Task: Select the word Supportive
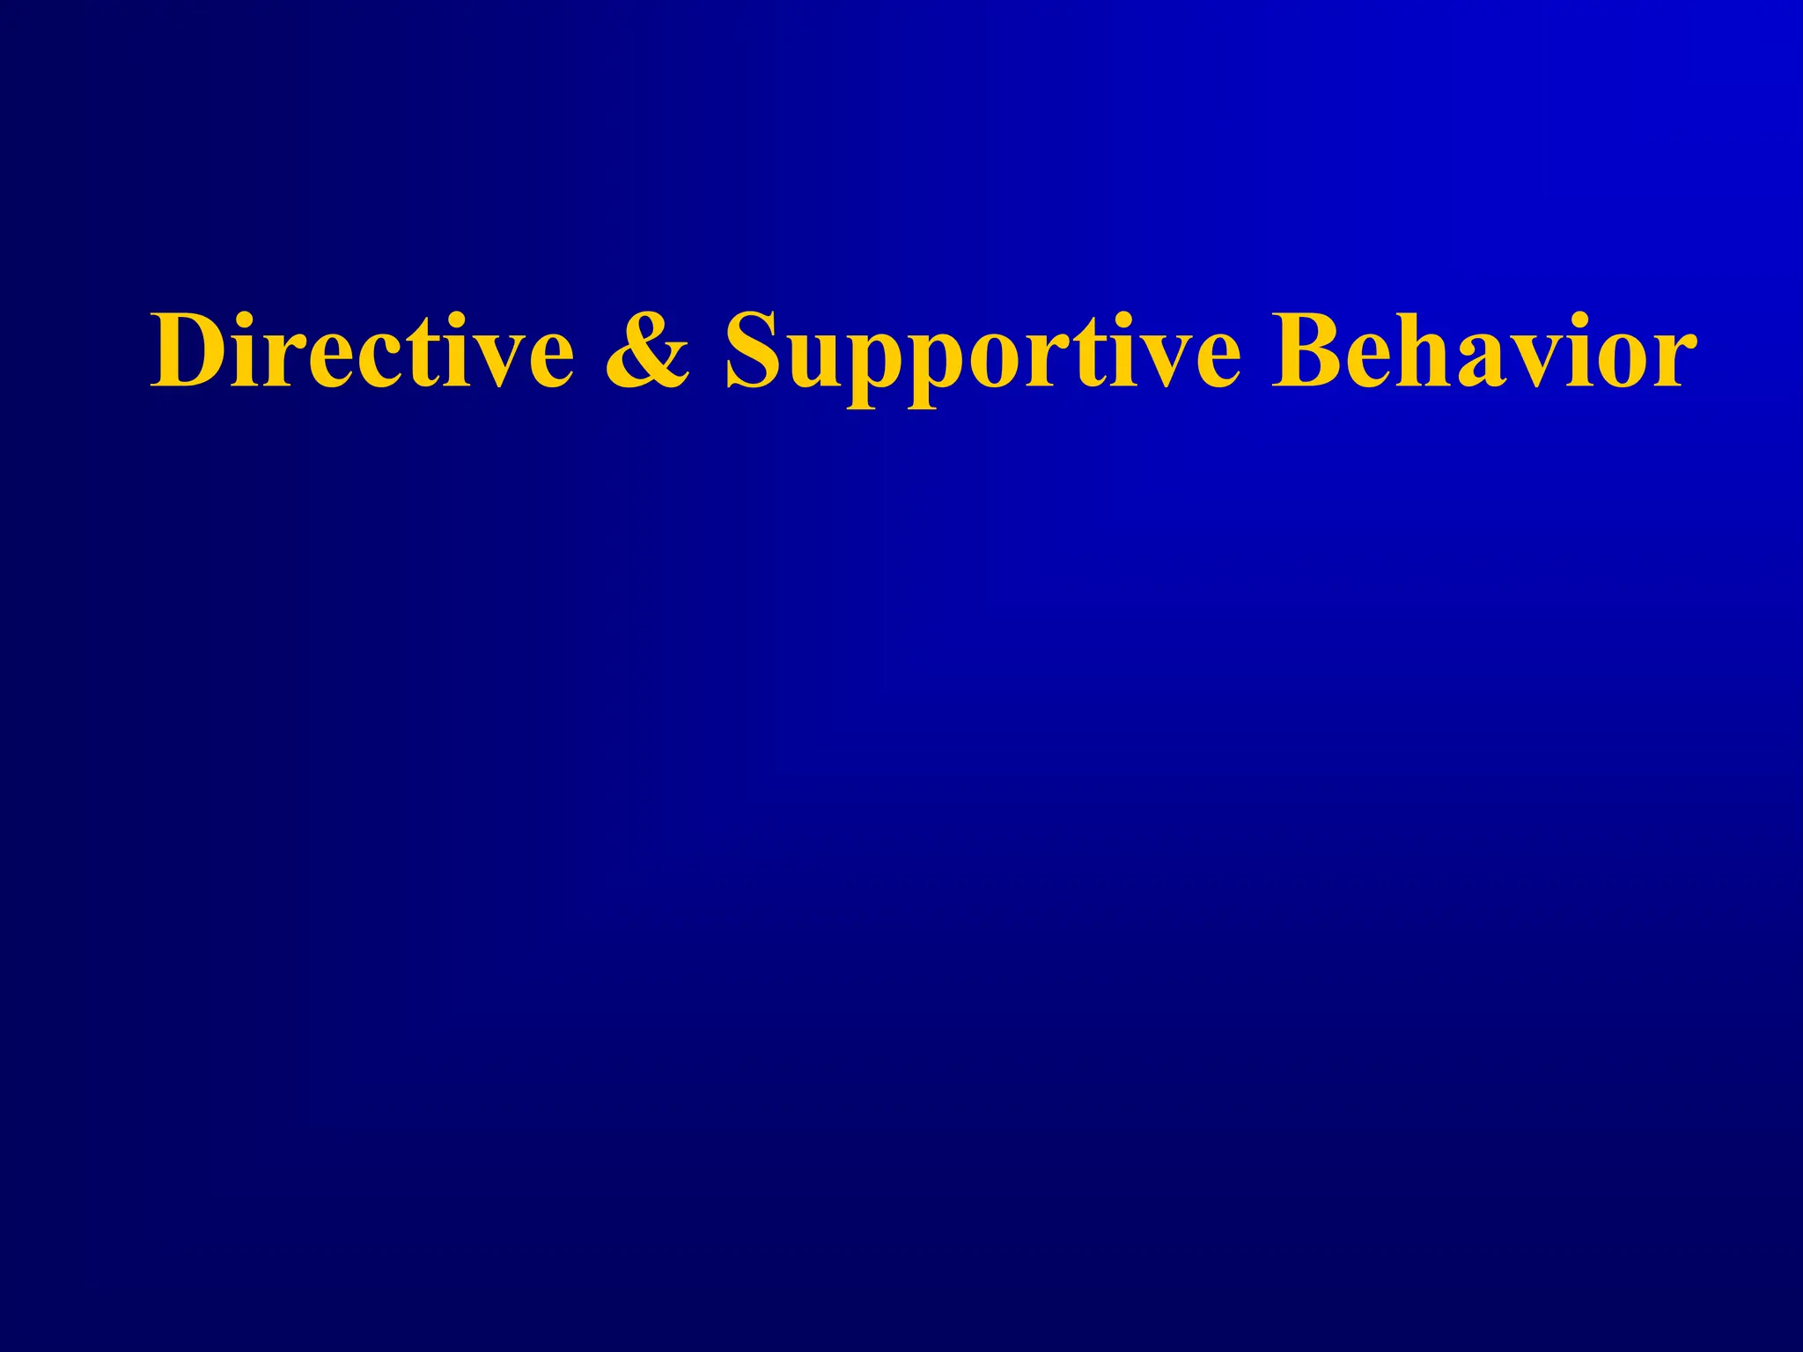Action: click(982, 352)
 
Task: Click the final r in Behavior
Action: click(1673, 361)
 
